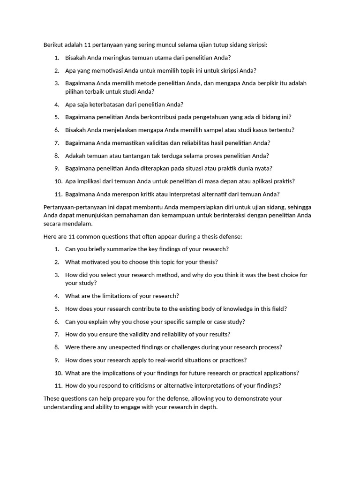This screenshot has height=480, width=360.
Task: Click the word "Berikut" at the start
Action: pos(53,45)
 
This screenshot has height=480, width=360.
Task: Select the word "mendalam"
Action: pos(80,224)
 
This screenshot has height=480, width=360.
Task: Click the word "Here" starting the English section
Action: pos(50,236)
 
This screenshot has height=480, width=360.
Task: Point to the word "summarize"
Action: pos(113,249)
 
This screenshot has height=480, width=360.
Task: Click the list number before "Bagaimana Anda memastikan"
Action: pos(57,143)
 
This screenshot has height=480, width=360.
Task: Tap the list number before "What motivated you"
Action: pos(57,262)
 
